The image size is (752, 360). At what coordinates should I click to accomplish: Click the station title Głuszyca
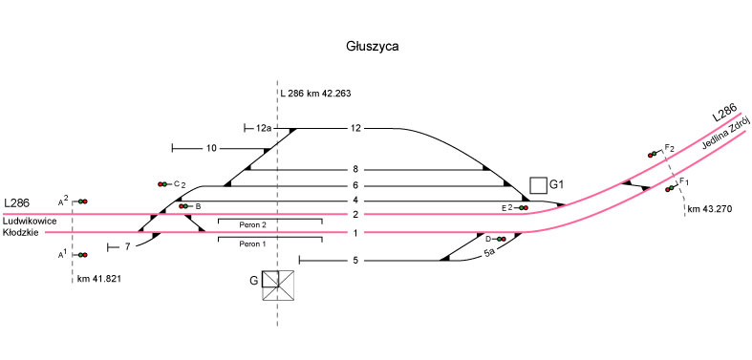point(373,47)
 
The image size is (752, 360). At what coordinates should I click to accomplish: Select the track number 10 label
point(211,149)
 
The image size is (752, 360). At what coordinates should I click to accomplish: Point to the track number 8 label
point(355,170)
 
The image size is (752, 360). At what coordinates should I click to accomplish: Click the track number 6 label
point(355,185)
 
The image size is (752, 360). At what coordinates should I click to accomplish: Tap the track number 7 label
point(128,247)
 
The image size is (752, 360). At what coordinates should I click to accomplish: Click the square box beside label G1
point(538,184)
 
